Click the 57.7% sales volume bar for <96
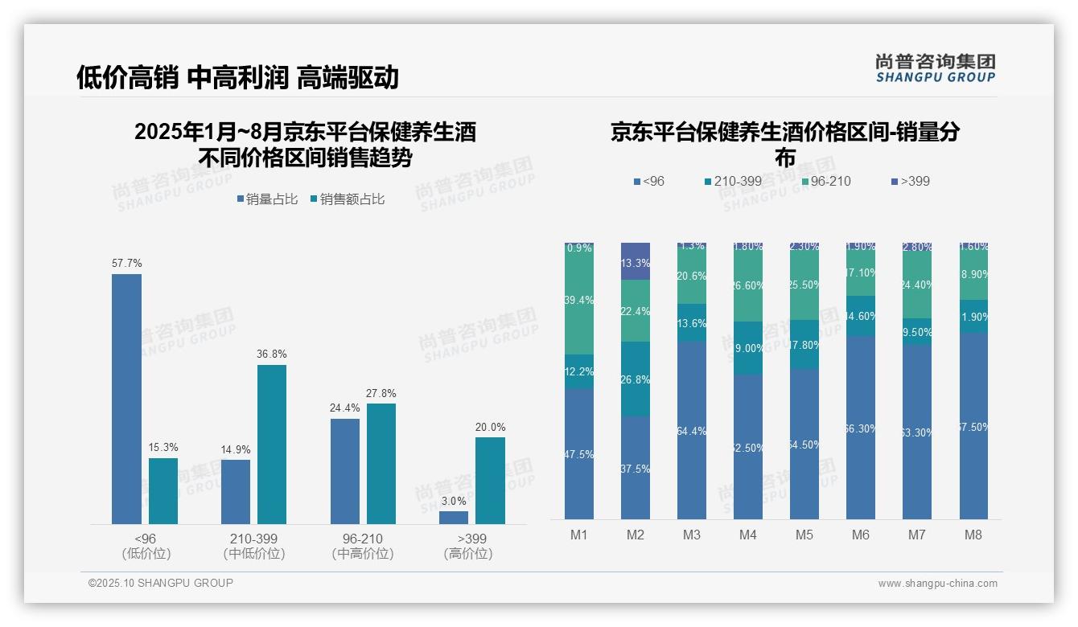click(x=126, y=399)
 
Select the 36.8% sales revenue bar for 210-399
click(x=272, y=444)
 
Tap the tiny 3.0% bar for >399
click(x=454, y=518)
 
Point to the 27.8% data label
click(x=381, y=394)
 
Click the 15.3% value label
click(x=163, y=448)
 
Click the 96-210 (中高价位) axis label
click(x=363, y=546)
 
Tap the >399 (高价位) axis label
click(x=467, y=546)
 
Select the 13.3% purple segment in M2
click(x=636, y=261)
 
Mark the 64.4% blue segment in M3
click(x=692, y=430)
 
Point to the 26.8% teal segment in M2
click(x=636, y=379)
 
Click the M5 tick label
click(x=804, y=535)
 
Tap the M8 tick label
click(x=973, y=535)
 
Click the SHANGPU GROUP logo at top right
click(x=936, y=68)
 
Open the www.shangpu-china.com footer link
click(x=937, y=584)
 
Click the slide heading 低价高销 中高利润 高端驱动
click(x=237, y=78)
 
